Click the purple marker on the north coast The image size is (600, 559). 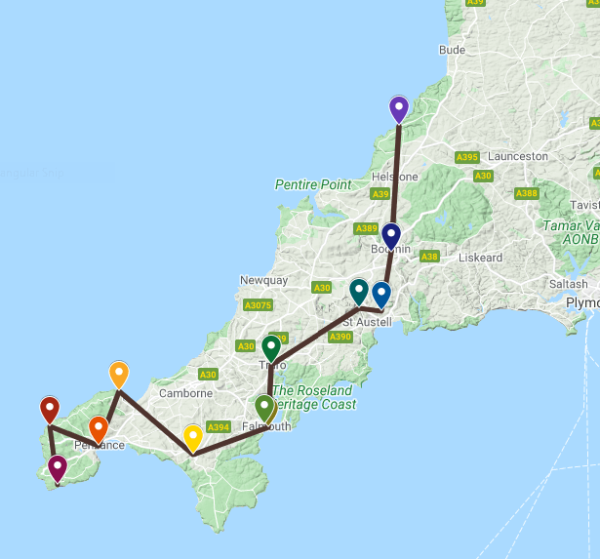pos(398,107)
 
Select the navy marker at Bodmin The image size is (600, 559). pos(391,235)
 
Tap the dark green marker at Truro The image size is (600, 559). pos(271,346)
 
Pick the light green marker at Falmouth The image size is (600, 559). pos(264,407)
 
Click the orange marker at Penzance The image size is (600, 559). pos(99,428)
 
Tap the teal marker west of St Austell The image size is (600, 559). pos(359,291)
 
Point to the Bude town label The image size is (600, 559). pos(453,50)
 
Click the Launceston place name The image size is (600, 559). pos(518,156)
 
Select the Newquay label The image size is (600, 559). pos(263,280)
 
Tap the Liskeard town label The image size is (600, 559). pos(480,259)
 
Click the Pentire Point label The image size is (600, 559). pos(312,184)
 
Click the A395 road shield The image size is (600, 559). pos(467,157)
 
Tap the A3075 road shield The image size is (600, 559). pos(258,305)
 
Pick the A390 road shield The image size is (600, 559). pos(340,337)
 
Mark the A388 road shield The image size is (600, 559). pos(527,193)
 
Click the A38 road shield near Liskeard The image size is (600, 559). pos(428,257)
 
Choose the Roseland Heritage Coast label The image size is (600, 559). pos(314,397)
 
